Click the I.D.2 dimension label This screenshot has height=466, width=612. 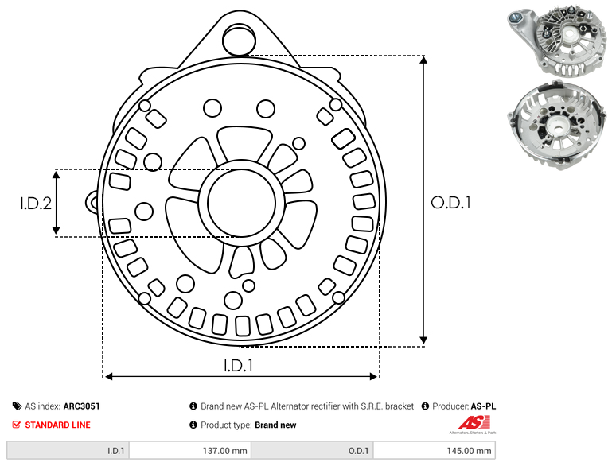click(x=36, y=203)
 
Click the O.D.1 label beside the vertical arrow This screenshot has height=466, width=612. click(x=450, y=203)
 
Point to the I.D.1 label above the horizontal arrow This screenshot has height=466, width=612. click(x=239, y=365)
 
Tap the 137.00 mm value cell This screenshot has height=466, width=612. click(x=190, y=450)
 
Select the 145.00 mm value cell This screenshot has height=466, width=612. click(x=435, y=450)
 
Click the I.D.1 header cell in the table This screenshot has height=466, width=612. click(x=68, y=450)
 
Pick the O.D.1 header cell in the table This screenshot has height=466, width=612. click(x=312, y=450)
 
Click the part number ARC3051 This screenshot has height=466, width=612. click(x=82, y=406)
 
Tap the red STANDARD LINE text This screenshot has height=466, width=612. click(x=58, y=425)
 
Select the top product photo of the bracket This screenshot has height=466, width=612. click(x=557, y=42)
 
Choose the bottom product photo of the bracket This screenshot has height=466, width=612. click(x=557, y=124)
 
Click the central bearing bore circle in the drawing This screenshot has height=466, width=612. click(x=242, y=203)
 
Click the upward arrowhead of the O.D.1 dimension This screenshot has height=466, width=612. click(x=423, y=60)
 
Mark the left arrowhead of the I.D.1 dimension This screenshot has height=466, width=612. click(x=109, y=376)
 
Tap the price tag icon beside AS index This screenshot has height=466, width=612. click(x=17, y=406)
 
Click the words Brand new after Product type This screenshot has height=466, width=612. click(x=275, y=425)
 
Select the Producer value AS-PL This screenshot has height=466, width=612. click(x=483, y=406)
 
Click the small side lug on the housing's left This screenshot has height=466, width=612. click(x=92, y=203)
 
